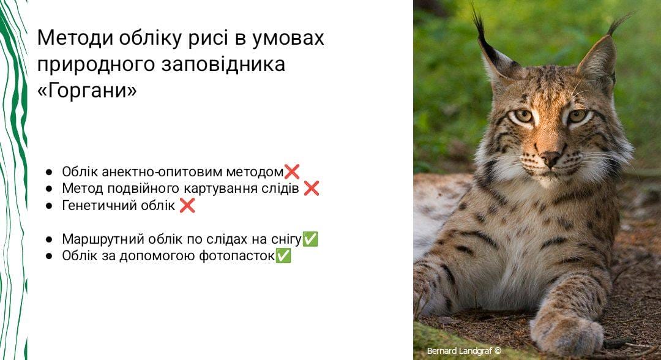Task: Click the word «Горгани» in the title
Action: tap(87, 90)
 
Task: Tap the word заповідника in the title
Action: tap(223, 64)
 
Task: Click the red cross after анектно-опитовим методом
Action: tap(292, 171)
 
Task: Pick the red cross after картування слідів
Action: tap(311, 188)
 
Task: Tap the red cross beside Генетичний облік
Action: tap(187, 205)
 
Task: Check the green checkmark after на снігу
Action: tap(310, 239)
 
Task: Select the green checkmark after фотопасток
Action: tap(283, 255)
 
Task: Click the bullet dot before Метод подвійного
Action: tap(49, 189)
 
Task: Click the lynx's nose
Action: tap(550, 159)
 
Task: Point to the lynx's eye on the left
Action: tap(523, 116)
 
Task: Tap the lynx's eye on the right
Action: tap(577, 115)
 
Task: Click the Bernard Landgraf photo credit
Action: tap(464, 351)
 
